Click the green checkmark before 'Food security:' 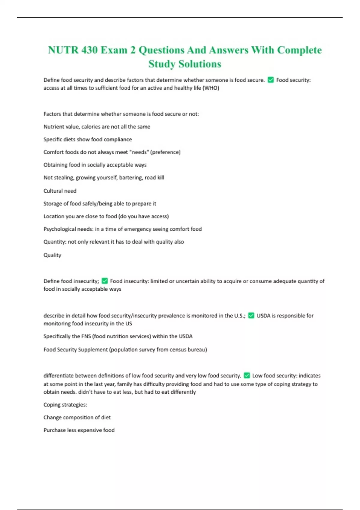tap(271, 80)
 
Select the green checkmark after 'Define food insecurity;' tap(105, 281)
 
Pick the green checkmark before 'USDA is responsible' tap(251, 315)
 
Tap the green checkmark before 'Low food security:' tap(247, 375)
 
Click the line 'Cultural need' tap(60, 191)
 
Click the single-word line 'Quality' tap(52, 255)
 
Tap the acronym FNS tap(86, 336)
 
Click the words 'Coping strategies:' tap(65, 405)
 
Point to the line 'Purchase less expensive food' tap(79, 430)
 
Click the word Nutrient tap(53, 127)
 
